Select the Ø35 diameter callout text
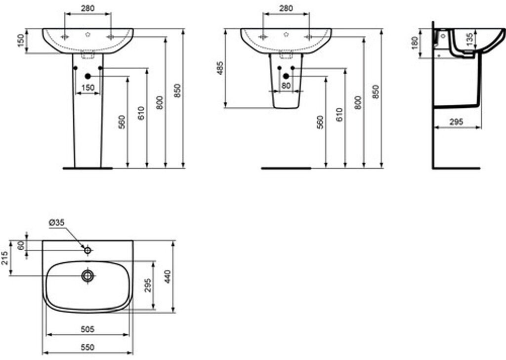point(56,223)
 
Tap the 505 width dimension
point(87,328)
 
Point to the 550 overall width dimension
point(87,348)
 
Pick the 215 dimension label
point(4,258)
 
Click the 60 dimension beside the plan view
point(21,246)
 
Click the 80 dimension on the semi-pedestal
point(286,86)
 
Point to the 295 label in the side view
point(457,122)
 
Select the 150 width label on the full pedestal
point(87,88)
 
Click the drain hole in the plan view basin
point(88,275)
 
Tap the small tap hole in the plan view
point(88,250)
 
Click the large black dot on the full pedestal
point(88,76)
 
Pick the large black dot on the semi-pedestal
point(286,76)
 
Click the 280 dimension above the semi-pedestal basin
point(286,8)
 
